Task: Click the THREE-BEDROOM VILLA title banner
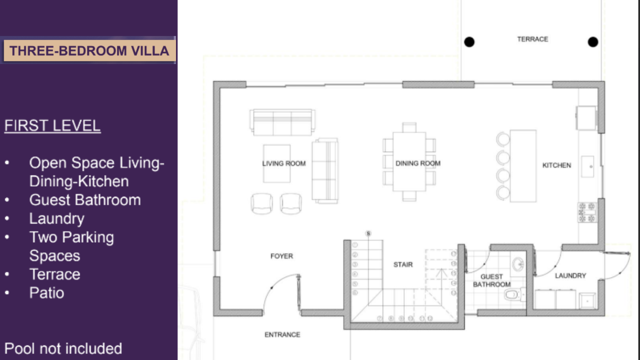pyautogui.click(x=89, y=51)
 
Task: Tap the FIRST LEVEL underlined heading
pyautogui.click(x=52, y=126)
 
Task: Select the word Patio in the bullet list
pyautogui.click(x=47, y=293)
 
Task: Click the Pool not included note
pyautogui.click(x=63, y=349)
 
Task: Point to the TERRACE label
pyautogui.click(x=533, y=39)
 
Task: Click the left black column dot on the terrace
pyautogui.click(x=469, y=42)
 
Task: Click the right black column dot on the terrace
pyautogui.click(x=593, y=42)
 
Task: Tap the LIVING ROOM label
pyautogui.click(x=284, y=164)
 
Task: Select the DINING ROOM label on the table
pyautogui.click(x=418, y=163)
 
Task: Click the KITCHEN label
pyautogui.click(x=557, y=165)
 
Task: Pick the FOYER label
pyautogui.click(x=282, y=256)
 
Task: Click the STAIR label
pyautogui.click(x=403, y=265)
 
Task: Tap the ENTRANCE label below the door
pyautogui.click(x=282, y=335)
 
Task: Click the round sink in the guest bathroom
pyautogui.click(x=518, y=265)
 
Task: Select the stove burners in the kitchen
pyautogui.click(x=587, y=212)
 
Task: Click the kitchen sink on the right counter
pyautogui.click(x=588, y=167)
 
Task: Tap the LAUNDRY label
pyautogui.click(x=570, y=276)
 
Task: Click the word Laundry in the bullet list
pyautogui.click(x=57, y=219)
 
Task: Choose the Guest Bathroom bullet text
pyautogui.click(x=85, y=200)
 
